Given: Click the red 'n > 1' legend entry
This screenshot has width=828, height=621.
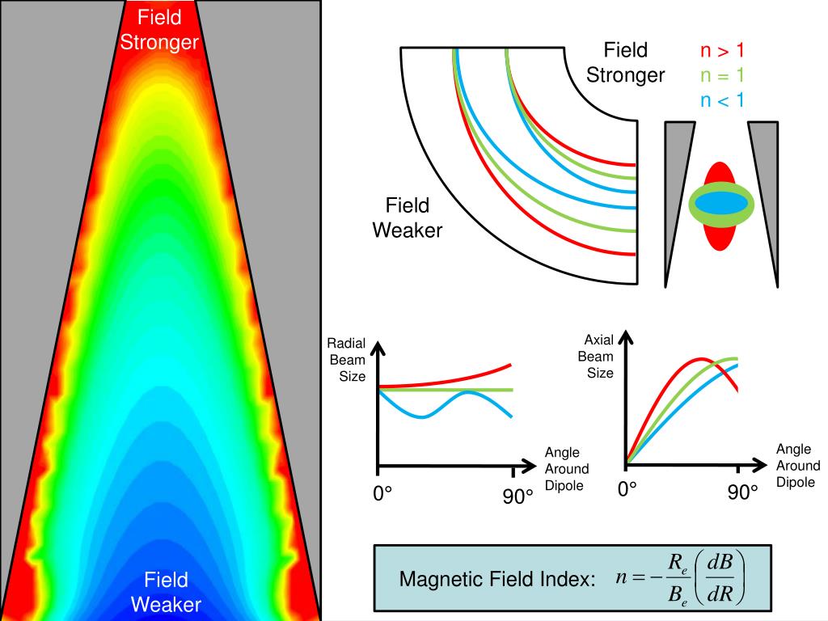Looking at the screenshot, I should tap(721, 51).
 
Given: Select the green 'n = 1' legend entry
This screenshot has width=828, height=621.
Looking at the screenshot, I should tap(721, 76).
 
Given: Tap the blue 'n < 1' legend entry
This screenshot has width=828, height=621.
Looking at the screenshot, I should tap(721, 101).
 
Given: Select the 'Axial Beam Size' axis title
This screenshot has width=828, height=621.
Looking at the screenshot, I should tap(600, 357).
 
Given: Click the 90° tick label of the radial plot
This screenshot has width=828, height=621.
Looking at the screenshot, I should tap(517, 497).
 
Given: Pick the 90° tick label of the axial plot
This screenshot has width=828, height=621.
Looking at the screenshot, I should tap(742, 492).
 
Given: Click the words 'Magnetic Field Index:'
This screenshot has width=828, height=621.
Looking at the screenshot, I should tap(497, 580).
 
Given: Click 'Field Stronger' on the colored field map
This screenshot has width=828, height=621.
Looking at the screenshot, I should tap(159, 29).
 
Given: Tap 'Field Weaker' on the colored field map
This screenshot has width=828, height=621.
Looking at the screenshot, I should tap(166, 592).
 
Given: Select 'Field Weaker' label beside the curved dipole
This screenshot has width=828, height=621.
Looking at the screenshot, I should tap(408, 218).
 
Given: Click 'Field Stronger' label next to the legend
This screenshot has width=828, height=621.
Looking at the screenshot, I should tap(625, 62).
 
